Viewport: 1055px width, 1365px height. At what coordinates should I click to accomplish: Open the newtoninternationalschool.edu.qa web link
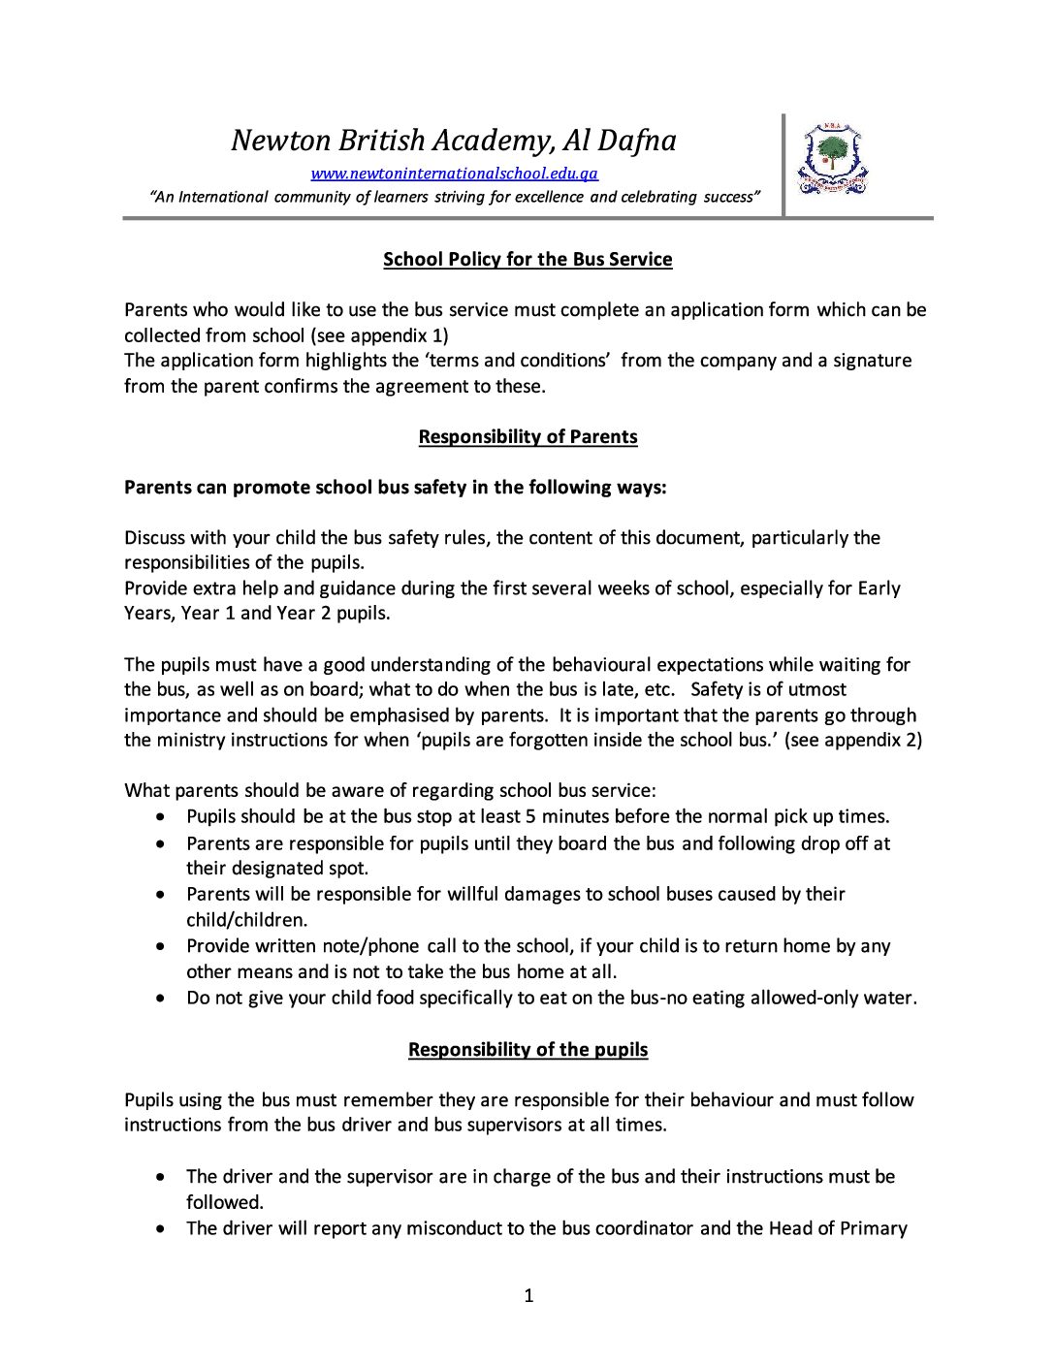coord(454,175)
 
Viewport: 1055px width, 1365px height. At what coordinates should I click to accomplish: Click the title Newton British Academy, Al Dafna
coord(454,142)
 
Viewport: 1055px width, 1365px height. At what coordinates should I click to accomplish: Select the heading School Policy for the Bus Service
coord(527,260)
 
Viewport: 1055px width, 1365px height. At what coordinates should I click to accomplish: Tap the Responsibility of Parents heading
coord(527,437)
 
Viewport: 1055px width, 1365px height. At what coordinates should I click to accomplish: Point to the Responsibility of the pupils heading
coord(527,1050)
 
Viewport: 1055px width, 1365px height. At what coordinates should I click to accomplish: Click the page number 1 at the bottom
coord(528,1296)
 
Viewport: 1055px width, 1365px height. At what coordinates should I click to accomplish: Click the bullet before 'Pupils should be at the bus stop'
coord(161,817)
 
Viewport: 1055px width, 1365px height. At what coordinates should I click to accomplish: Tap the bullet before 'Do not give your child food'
coord(161,999)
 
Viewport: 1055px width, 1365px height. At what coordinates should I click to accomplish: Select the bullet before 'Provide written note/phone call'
coord(161,946)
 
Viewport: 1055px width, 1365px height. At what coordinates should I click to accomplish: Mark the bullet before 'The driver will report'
coord(161,1229)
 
